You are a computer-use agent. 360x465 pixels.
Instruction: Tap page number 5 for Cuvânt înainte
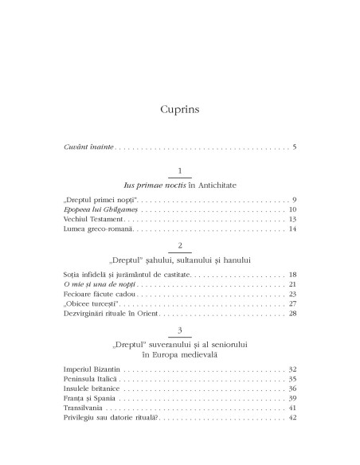(295, 147)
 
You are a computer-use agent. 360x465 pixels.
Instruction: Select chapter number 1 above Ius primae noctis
(180, 171)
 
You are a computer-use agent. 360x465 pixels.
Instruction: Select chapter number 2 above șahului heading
(180, 247)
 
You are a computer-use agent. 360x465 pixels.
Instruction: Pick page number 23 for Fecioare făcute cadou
(292, 294)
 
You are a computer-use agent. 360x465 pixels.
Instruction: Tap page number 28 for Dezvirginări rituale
(292, 314)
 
